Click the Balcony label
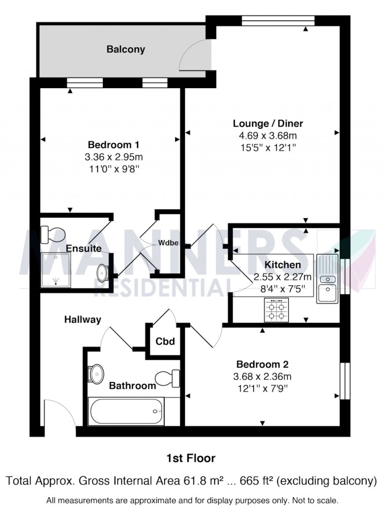[126, 50]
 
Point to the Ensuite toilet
[53, 234]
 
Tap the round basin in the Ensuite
[103, 272]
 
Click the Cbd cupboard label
[165, 341]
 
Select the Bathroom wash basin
[95, 374]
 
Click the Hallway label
[83, 319]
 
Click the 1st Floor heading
[191, 459]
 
